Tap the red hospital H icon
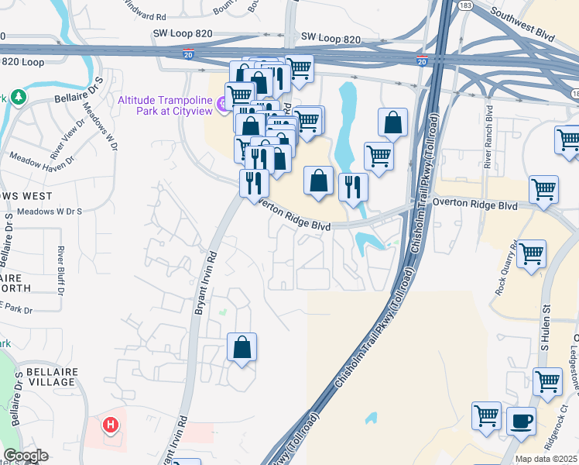(x=111, y=425)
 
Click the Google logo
(x=26, y=456)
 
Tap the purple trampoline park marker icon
(x=224, y=103)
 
